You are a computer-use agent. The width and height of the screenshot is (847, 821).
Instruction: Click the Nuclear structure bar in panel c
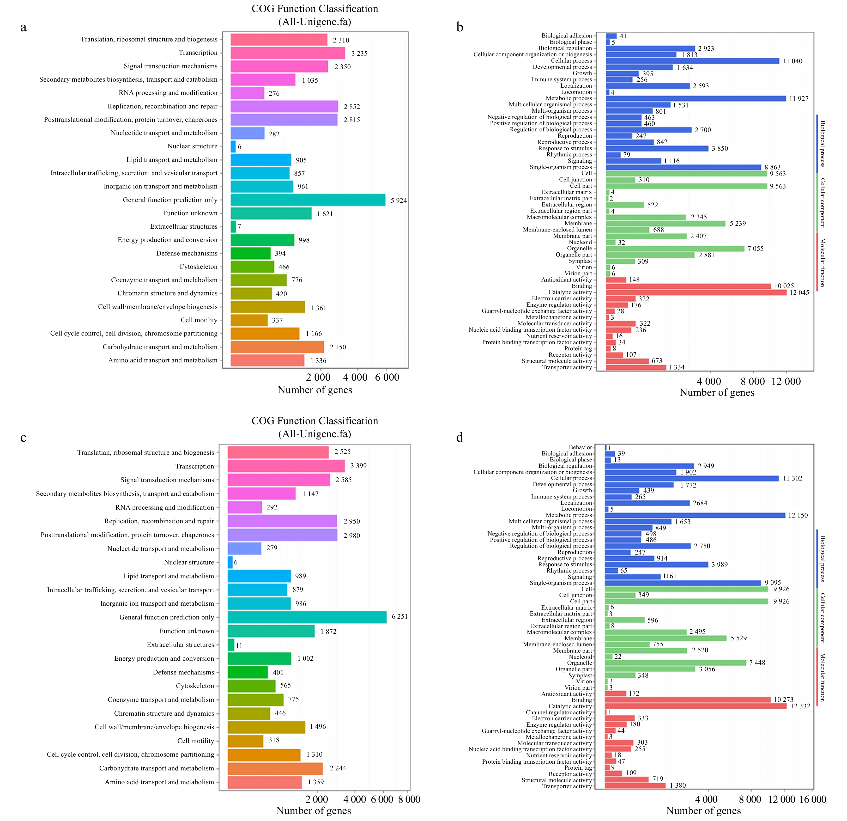click(x=230, y=562)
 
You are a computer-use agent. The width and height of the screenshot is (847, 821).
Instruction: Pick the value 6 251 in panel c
click(x=399, y=617)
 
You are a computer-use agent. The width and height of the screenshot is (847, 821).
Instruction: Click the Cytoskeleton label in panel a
click(x=198, y=267)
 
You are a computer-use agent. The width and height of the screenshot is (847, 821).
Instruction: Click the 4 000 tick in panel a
click(x=355, y=377)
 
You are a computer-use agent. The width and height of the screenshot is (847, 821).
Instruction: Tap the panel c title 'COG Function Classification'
click(x=314, y=421)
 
